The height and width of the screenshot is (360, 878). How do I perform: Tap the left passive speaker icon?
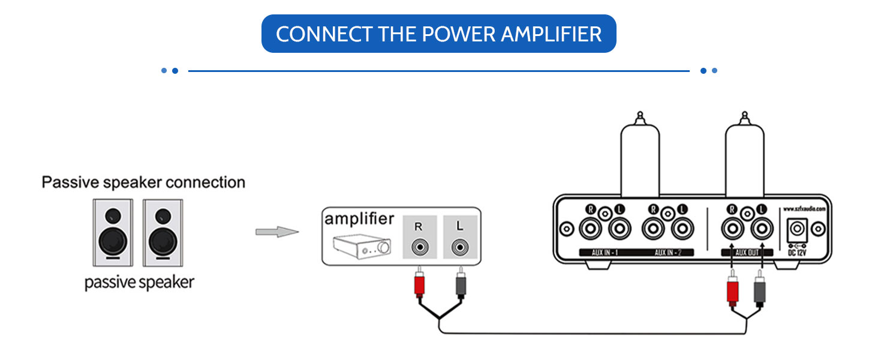point(112,233)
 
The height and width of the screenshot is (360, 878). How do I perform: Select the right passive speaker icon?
point(162,233)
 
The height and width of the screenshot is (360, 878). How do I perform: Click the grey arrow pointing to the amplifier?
point(276,232)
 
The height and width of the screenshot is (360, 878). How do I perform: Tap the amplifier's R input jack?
point(418,247)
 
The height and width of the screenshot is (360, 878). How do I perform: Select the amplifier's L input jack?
point(459,247)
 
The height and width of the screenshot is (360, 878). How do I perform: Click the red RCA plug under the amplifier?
point(419,285)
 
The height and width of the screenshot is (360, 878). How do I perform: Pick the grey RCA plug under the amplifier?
point(460,285)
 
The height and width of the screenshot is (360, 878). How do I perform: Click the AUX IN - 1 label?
point(606,253)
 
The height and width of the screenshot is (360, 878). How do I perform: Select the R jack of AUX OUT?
point(732,229)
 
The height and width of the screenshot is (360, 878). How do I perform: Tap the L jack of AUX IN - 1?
point(620,229)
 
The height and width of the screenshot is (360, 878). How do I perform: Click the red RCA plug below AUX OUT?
point(732,292)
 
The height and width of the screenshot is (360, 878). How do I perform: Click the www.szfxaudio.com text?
point(804,209)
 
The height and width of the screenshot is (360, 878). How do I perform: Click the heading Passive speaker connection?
point(143,182)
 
